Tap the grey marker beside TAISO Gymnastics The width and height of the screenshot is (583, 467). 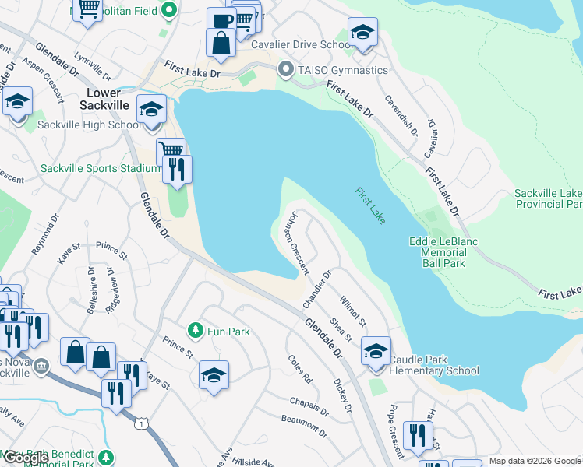286,70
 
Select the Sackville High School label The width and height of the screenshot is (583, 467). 90,125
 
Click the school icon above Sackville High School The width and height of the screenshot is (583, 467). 151,109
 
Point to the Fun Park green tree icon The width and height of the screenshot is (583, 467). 196,332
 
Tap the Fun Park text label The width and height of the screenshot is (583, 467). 228,332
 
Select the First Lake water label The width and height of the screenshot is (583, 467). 369,205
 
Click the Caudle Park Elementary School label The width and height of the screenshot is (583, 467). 434,365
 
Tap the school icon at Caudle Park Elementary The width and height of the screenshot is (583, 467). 376,351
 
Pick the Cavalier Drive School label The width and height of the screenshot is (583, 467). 302,44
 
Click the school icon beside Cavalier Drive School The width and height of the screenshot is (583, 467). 362,32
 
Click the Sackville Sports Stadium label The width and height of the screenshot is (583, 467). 90,168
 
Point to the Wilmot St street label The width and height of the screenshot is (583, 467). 352,311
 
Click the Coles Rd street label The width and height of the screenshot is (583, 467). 299,369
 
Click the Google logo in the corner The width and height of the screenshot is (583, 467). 26,458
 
